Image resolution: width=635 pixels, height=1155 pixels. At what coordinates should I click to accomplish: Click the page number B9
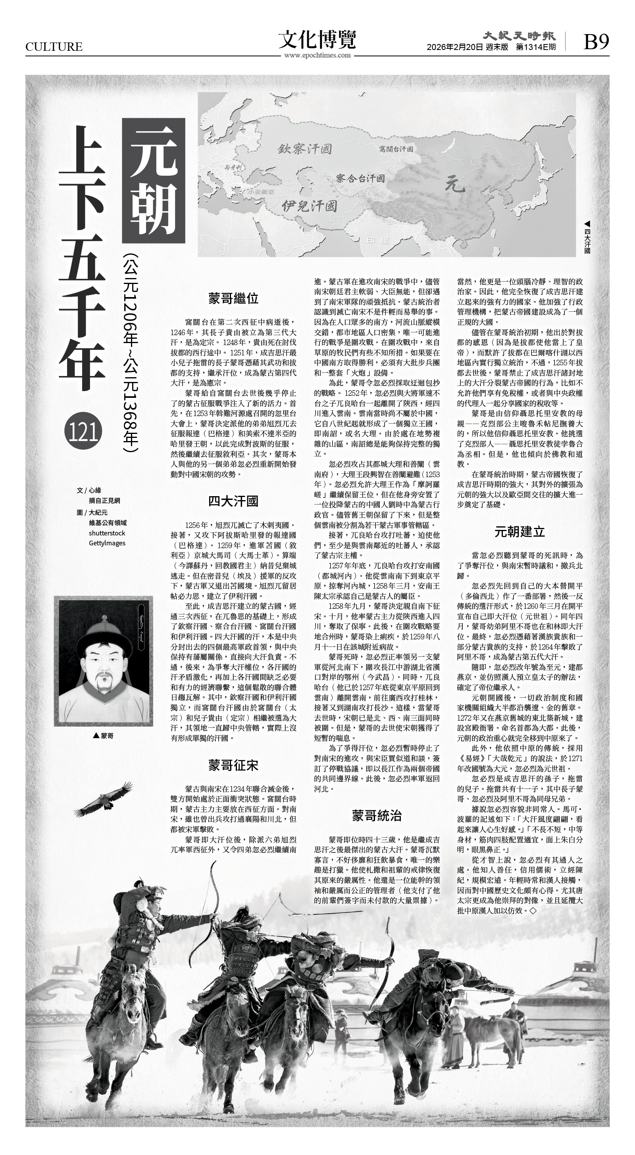(x=596, y=42)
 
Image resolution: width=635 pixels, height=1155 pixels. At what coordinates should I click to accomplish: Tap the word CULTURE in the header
(x=54, y=47)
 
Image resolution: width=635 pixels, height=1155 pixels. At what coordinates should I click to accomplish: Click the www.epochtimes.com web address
(x=317, y=55)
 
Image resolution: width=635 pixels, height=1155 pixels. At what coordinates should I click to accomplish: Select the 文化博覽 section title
(x=317, y=39)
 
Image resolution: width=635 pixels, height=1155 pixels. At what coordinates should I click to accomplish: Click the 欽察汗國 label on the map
(x=305, y=148)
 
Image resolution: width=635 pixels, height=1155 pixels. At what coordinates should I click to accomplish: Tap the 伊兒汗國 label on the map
(x=309, y=206)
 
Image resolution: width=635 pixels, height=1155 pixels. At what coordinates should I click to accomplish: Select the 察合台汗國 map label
(x=360, y=178)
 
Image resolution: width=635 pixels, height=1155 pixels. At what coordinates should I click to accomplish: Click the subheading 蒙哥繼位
(x=233, y=298)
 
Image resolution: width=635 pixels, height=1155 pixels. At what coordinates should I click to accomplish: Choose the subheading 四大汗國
(x=233, y=501)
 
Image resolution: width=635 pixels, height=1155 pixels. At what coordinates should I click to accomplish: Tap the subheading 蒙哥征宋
(x=233, y=765)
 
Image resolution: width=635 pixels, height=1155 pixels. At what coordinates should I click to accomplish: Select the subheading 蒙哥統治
(x=377, y=815)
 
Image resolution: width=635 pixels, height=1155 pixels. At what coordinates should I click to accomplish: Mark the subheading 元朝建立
(x=520, y=531)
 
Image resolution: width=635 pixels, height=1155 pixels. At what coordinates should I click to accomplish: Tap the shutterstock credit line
(x=107, y=533)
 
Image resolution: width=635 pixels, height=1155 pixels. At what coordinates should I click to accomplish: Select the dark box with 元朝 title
(x=154, y=180)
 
